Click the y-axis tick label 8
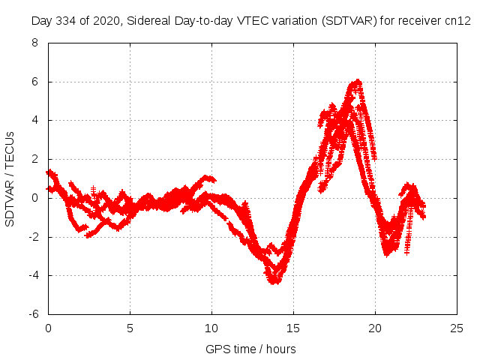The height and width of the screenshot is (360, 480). tap(34, 43)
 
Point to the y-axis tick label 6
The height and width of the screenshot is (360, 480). tap(34, 82)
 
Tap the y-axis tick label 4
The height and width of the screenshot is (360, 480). tap(34, 120)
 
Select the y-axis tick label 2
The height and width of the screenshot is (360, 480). tap(34, 159)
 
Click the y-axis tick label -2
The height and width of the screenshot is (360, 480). tap(32, 237)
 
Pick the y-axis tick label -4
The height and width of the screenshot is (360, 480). tap(32, 275)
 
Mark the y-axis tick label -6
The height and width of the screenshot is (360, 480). tap(32, 314)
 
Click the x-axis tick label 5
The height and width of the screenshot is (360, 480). tap(130, 328)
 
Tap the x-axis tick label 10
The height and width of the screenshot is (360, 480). tap(211, 328)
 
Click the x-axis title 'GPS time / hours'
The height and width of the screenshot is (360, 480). tap(250, 349)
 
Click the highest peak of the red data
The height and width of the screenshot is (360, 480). tap(358, 81)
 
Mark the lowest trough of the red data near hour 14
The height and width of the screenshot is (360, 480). tap(274, 281)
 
